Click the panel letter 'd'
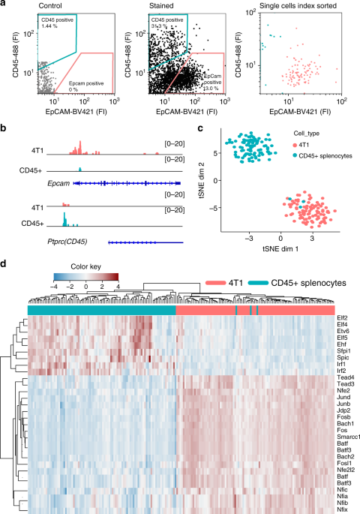(4, 265)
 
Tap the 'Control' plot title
(44, 5)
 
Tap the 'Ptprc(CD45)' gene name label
(70, 242)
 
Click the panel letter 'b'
(4, 128)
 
